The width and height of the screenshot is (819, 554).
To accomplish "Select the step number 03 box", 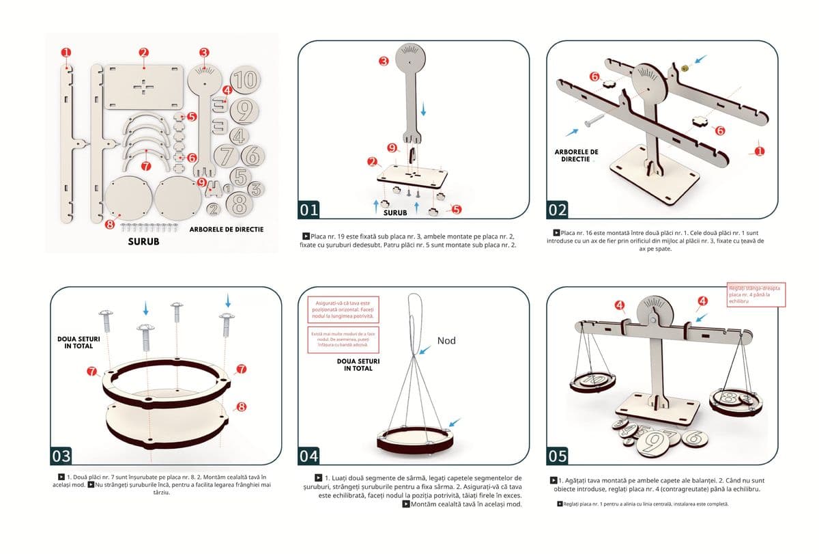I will pos(61,456).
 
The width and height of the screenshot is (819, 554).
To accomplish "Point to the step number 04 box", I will pos(309,456).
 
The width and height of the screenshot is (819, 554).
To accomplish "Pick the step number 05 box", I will pos(558,456).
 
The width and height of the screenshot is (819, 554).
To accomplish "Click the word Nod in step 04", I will pos(446,340).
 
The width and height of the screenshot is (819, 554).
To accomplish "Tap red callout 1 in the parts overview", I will pos(66,52).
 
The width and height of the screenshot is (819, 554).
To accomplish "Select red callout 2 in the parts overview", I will pos(143,53).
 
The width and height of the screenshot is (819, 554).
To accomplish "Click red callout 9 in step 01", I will pos(392,148).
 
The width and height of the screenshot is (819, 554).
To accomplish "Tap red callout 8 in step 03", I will pos(241,406).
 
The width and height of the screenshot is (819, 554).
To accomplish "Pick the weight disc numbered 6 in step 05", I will pos(694,435).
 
